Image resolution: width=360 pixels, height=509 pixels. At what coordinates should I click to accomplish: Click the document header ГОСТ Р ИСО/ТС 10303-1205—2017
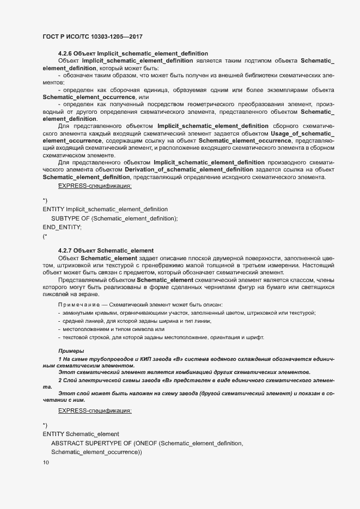pyautogui.click(x=93, y=36)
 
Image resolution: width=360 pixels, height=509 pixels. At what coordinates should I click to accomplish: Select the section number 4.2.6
pyautogui.click(x=65, y=53)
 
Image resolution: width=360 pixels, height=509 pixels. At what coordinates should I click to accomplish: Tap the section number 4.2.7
pyautogui.click(x=65, y=250)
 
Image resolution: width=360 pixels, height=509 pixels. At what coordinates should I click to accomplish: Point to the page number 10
pyautogui.click(x=46, y=463)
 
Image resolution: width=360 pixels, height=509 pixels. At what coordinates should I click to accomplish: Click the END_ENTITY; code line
pyautogui.click(x=62, y=227)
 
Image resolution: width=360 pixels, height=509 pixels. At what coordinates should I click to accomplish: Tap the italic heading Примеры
pyautogui.click(x=71, y=351)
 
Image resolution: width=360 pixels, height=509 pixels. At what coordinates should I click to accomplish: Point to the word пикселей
pyautogui.click(x=56, y=295)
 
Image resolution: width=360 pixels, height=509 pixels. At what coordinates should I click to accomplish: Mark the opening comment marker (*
pyautogui.click(x=45, y=236)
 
